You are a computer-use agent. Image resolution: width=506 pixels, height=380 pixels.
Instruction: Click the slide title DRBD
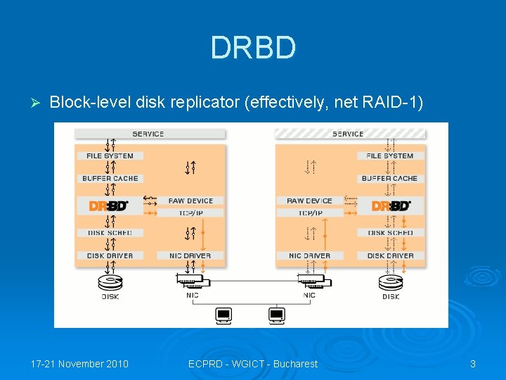coord(253,48)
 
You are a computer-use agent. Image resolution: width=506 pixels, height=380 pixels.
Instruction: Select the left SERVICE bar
coord(149,134)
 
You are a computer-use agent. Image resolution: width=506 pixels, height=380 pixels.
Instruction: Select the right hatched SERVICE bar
coord(349,134)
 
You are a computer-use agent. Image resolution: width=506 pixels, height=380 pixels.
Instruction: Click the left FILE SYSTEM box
coord(110,156)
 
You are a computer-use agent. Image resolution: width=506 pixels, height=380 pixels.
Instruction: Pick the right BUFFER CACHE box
coord(389,179)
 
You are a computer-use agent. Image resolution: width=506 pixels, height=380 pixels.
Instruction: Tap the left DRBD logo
coord(109,206)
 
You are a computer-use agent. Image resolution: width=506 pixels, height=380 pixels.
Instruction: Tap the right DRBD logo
coord(391,206)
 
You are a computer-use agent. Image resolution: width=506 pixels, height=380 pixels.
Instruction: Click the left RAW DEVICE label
coord(190,201)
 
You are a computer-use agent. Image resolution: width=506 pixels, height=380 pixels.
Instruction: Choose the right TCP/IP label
coord(310,213)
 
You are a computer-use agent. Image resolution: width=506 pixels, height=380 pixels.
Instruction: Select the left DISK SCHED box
coord(110,233)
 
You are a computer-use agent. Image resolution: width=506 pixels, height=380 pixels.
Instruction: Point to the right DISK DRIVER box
coord(390,255)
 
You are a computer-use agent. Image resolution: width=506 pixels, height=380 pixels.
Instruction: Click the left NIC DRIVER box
coord(190,255)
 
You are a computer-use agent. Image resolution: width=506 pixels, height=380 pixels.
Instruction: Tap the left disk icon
coord(110,283)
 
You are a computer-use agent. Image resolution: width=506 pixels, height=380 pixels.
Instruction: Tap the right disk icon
coord(391,283)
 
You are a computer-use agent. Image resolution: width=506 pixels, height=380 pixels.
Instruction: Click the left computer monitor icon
coord(224,315)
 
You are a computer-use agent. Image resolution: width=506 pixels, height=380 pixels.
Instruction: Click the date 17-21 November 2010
coord(79,364)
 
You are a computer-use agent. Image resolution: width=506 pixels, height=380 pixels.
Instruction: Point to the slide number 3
coord(473,364)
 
